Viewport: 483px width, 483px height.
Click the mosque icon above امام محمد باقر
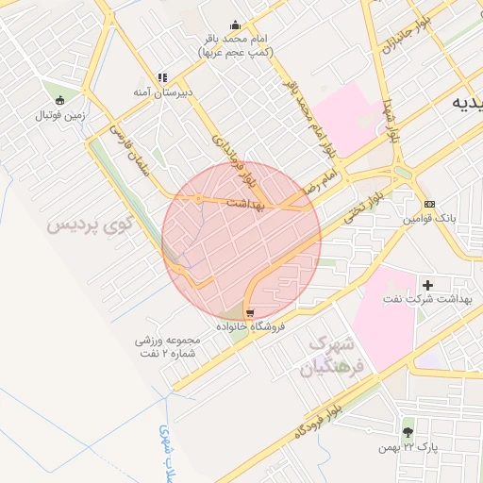pos(235,25)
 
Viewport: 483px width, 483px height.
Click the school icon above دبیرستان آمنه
pos(163,77)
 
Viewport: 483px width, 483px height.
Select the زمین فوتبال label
pos(60,115)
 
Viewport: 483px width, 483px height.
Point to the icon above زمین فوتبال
pos(60,100)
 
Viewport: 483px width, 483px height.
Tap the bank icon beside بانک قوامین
pos(430,204)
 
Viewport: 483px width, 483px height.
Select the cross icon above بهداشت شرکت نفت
pos(428,284)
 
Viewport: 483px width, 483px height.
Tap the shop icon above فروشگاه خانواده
pos(249,312)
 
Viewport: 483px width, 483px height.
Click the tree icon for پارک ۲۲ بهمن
pos(408,432)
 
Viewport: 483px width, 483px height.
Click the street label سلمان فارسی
pos(128,149)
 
